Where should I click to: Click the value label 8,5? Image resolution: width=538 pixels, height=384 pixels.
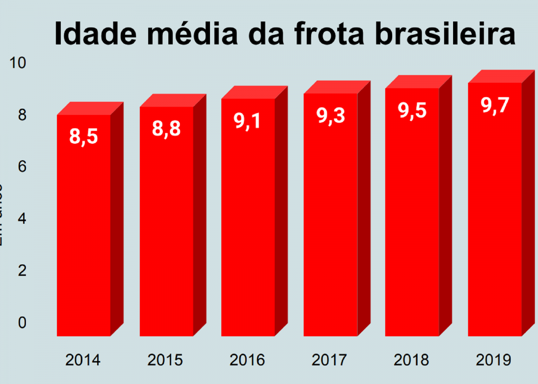coord(84,137)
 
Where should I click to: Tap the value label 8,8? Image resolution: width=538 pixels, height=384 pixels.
coord(166,128)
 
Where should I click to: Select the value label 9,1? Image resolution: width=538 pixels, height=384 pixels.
coord(248,120)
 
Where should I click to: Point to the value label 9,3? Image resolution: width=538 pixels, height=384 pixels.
coord(330,115)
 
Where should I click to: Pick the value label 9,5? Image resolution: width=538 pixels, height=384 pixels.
coord(412,111)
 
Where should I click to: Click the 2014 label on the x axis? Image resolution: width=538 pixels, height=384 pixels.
coord(83,360)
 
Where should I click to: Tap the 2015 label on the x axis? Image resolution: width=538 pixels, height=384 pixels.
coord(165,360)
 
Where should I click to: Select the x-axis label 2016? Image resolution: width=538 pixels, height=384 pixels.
coord(247,360)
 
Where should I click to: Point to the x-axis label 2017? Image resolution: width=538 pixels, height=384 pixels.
coord(329,360)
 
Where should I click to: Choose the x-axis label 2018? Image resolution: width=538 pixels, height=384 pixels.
coord(412,360)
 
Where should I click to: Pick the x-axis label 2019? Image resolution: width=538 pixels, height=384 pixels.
coord(494,360)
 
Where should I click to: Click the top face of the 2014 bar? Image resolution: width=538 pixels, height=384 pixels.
coord(90,108)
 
